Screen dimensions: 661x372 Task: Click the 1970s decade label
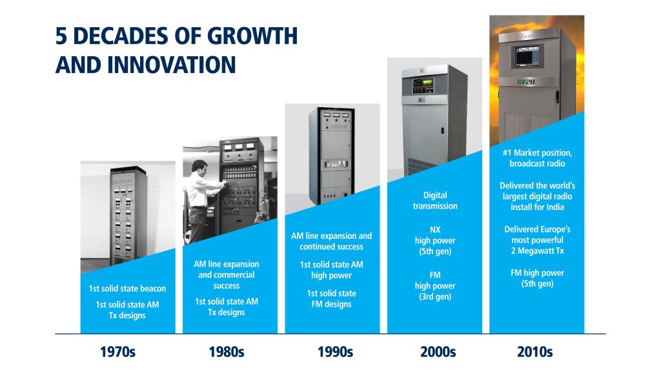pyautogui.click(x=117, y=352)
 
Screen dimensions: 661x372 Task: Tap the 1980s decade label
pyautogui.click(x=227, y=352)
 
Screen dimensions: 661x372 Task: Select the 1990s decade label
pyautogui.click(x=335, y=352)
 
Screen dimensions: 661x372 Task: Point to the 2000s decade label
pyautogui.click(x=438, y=352)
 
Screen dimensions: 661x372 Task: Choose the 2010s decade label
pyautogui.click(x=535, y=352)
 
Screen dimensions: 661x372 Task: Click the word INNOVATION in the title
pyautogui.click(x=172, y=65)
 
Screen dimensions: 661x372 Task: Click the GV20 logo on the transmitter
pyautogui.click(x=525, y=81)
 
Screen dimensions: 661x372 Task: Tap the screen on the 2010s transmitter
pyautogui.click(x=525, y=56)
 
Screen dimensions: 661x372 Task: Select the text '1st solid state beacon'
pyautogui.click(x=127, y=289)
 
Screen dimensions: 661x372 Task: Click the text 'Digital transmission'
pyautogui.click(x=435, y=200)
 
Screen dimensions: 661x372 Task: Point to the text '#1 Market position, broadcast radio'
pyautogui.click(x=538, y=158)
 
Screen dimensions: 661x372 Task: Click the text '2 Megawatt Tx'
pyautogui.click(x=538, y=251)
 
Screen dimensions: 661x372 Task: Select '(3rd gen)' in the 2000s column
pyautogui.click(x=435, y=296)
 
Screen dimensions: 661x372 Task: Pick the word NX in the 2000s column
pyautogui.click(x=435, y=230)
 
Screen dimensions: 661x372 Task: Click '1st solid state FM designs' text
pyautogui.click(x=331, y=298)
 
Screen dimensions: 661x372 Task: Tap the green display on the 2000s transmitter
pyautogui.click(x=428, y=82)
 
